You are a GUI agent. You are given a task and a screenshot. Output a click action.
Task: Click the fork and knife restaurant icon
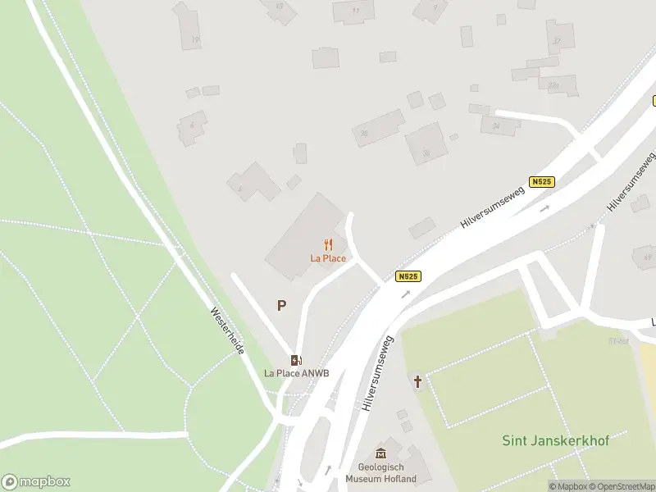tap(328, 244)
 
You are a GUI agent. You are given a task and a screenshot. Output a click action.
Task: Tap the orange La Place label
tap(328, 258)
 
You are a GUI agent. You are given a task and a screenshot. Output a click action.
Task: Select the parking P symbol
tap(281, 306)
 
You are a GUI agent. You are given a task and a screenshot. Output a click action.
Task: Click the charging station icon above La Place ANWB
tap(296, 360)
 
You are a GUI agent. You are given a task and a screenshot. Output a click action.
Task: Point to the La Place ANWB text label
tap(296, 373)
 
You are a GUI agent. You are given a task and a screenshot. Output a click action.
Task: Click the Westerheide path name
tap(228, 331)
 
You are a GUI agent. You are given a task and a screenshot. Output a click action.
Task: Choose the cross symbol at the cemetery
tap(418, 381)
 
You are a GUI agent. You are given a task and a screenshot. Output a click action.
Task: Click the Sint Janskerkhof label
tap(555, 441)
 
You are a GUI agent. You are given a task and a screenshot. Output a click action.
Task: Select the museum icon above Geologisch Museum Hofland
tap(380, 453)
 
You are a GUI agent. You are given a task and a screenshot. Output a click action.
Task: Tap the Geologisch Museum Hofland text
tap(380, 473)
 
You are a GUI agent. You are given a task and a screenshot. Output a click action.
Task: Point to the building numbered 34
tap(496, 125)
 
